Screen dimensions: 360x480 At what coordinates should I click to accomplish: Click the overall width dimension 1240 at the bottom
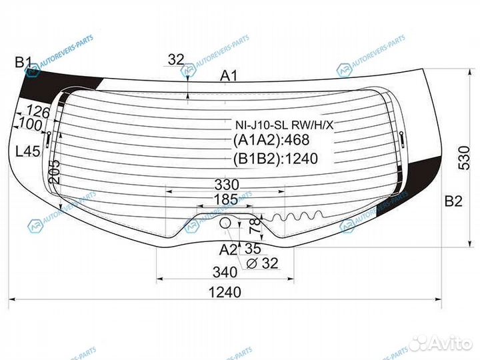click(227, 292)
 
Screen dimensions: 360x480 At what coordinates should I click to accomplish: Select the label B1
click(23, 63)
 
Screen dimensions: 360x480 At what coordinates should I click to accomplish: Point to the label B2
click(453, 202)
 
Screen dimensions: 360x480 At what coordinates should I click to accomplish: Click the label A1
click(229, 77)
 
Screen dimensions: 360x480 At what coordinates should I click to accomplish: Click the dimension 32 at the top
click(176, 60)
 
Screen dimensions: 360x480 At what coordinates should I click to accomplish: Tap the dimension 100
click(30, 124)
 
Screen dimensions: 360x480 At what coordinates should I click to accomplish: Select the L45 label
click(27, 151)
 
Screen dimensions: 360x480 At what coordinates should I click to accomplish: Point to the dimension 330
click(226, 184)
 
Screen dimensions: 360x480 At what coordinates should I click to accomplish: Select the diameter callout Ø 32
click(261, 263)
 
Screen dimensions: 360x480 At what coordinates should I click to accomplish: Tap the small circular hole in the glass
click(225, 222)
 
